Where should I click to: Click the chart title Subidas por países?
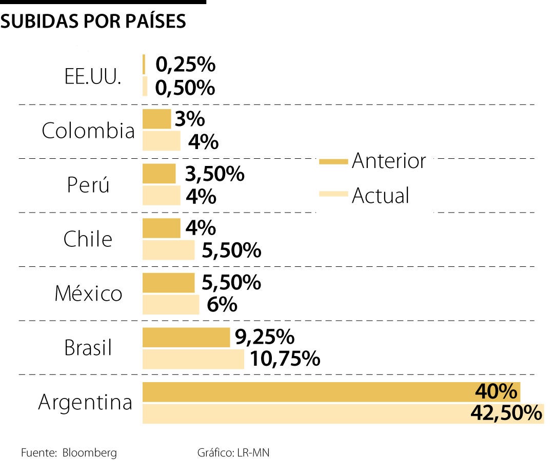click(x=93, y=21)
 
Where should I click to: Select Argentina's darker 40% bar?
click(x=308, y=392)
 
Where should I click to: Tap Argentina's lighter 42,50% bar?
click(x=308, y=414)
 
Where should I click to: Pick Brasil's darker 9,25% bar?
click(x=186, y=338)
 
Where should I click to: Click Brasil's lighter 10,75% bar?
click(x=193, y=359)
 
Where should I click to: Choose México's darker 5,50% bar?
click(x=168, y=283)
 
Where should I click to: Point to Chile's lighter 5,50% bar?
click(x=168, y=250)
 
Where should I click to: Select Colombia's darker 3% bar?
click(x=156, y=119)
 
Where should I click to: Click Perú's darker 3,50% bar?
click(x=159, y=174)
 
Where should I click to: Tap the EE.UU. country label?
click(x=93, y=77)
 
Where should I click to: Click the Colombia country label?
click(x=88, y=131)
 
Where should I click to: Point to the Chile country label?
click(x=88, y=239)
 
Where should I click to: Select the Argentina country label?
click(x=85, y=403)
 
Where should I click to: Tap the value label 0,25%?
click(x=185, y=65)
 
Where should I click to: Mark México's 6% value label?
click(x=222, y=305)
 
